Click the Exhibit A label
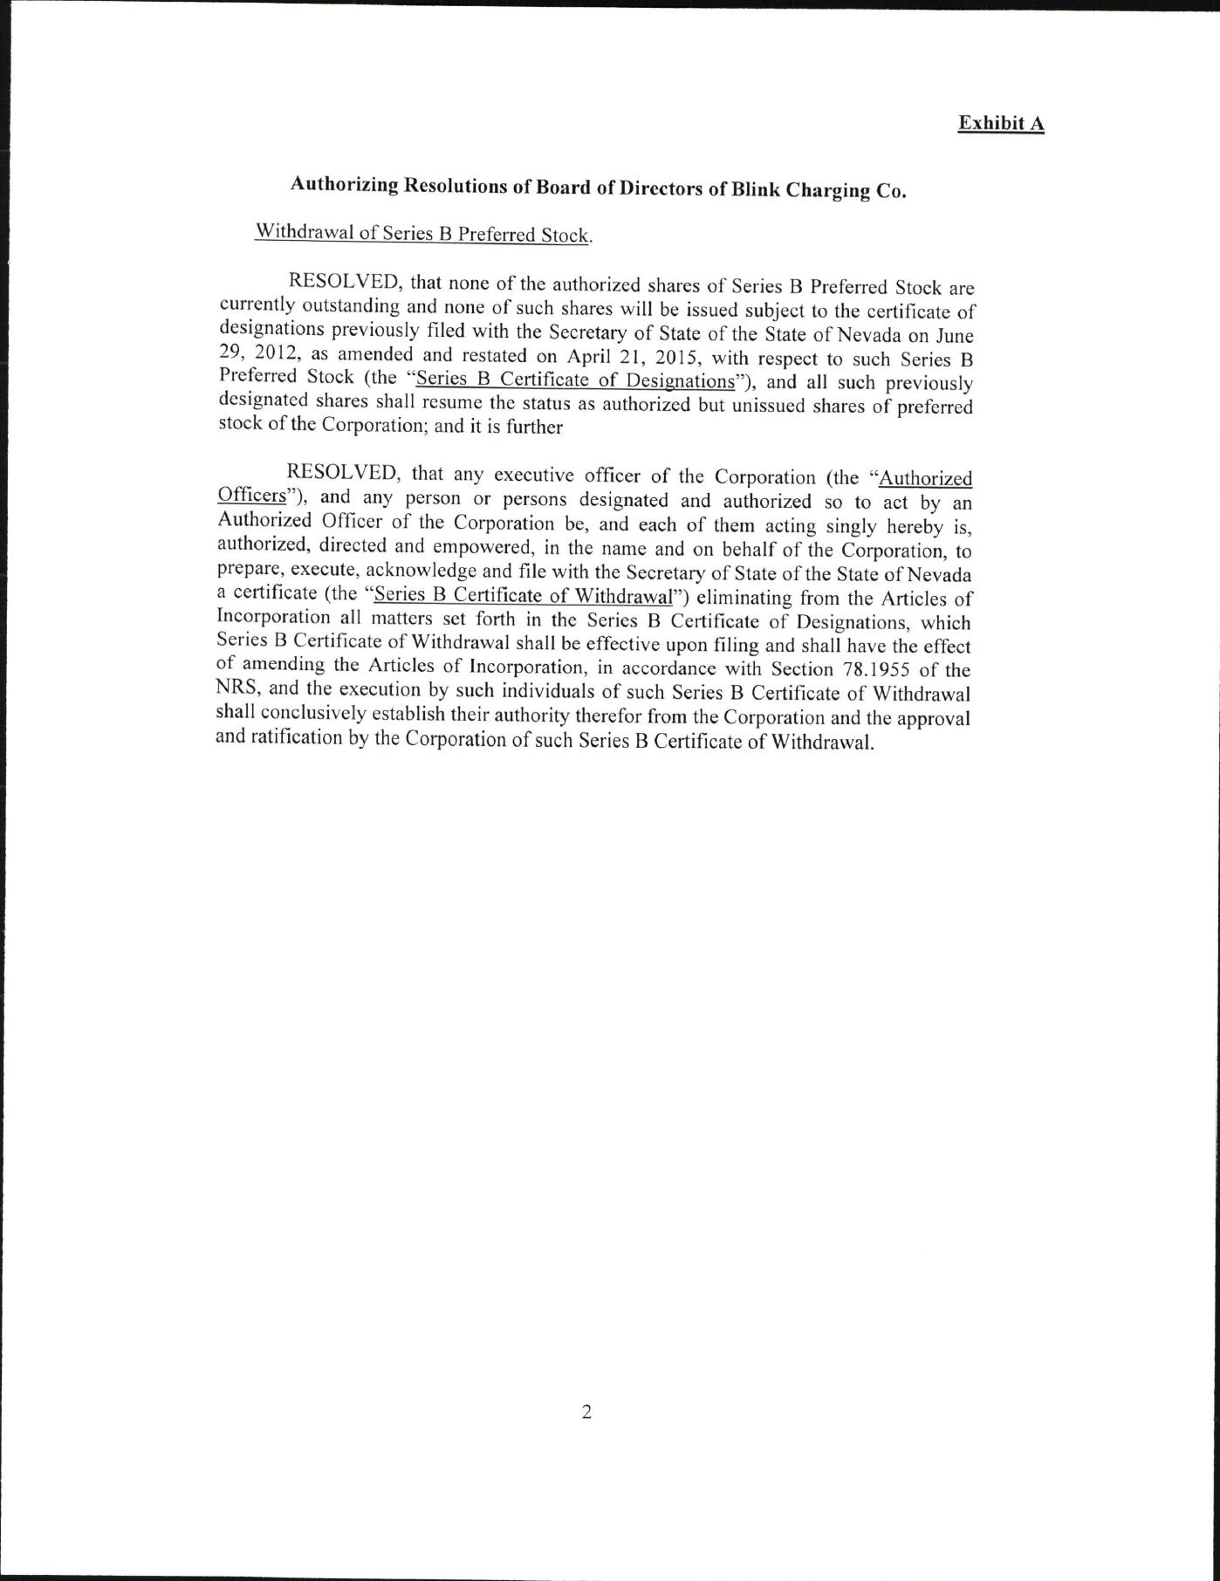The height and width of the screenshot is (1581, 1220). pos(1000,123)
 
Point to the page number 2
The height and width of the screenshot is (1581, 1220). pos(586,1411)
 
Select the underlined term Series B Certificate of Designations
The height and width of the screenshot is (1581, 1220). pos(576,380)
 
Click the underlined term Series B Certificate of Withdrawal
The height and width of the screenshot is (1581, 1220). pos(523,596)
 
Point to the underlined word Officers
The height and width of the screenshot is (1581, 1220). pos(251,495)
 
